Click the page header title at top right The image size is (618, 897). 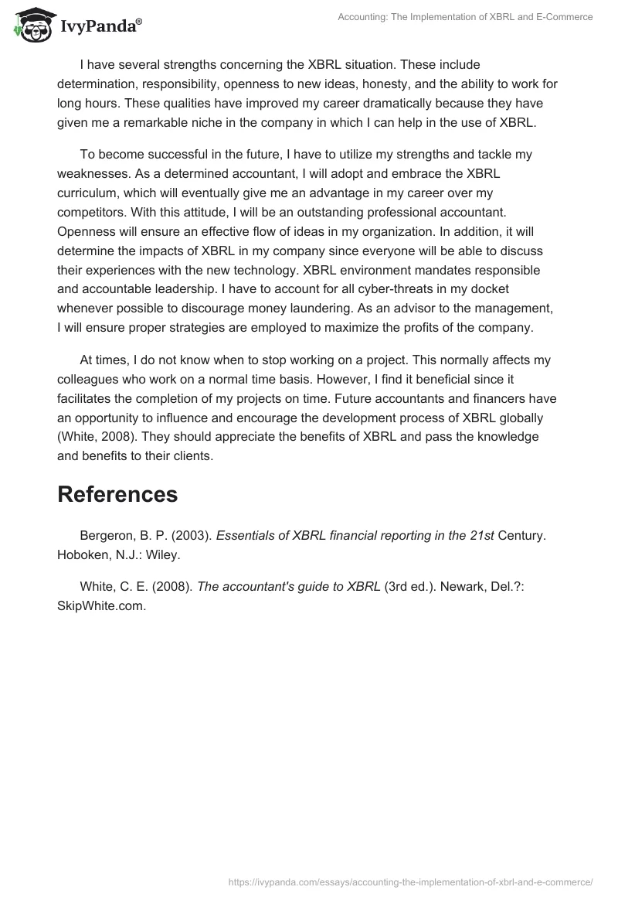pos(466,17)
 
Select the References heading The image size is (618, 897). pos(117,495)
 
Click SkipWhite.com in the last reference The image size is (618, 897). pos(100,605)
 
